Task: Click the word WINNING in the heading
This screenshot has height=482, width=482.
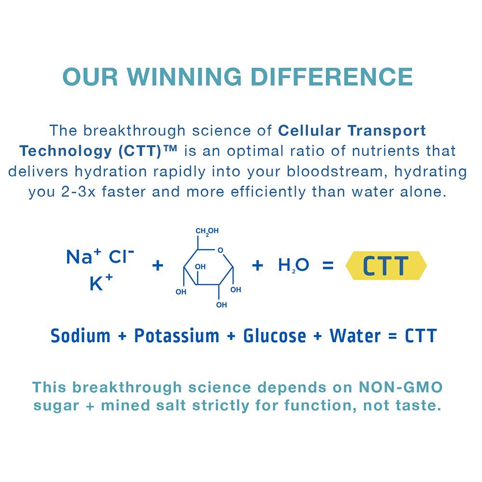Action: click(184, 77)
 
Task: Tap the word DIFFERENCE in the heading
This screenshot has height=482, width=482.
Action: click(332, 77)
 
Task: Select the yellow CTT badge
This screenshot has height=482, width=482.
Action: click(386, 265)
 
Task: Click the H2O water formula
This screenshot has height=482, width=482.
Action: click(293, 265)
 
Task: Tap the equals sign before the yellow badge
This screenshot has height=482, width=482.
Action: click(328, 265)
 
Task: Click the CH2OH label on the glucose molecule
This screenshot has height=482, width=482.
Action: click(207, 231)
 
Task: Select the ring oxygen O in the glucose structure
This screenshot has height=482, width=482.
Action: click(220, 250)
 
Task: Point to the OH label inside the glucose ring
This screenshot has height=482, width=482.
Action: click(200, 267)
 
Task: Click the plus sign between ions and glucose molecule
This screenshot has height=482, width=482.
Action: click(158, 265)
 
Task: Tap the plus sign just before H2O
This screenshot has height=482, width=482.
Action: click(257, 265)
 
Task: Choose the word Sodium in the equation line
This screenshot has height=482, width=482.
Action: click(80, 335)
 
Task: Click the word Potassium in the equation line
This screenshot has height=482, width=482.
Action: click(177, 335)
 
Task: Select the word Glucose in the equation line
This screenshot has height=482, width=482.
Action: click(275, 335)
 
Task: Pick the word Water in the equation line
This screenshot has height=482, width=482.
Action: click(355, 335)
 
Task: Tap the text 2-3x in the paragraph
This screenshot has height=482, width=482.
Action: click(79, 192)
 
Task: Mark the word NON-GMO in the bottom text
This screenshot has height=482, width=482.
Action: click(401, 387)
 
